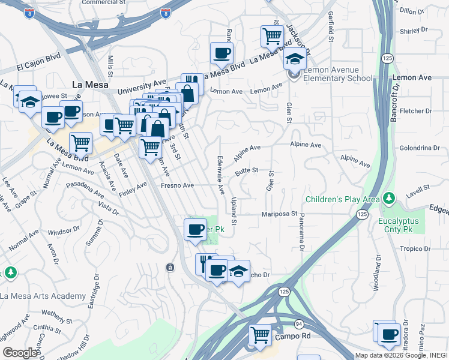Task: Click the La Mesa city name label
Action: (89, 85)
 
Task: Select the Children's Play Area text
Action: (342, 199)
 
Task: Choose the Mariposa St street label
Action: (279, 214)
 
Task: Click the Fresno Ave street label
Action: (177, 186)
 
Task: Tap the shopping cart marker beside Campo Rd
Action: (261, 334)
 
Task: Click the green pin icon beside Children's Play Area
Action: (390, 197)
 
